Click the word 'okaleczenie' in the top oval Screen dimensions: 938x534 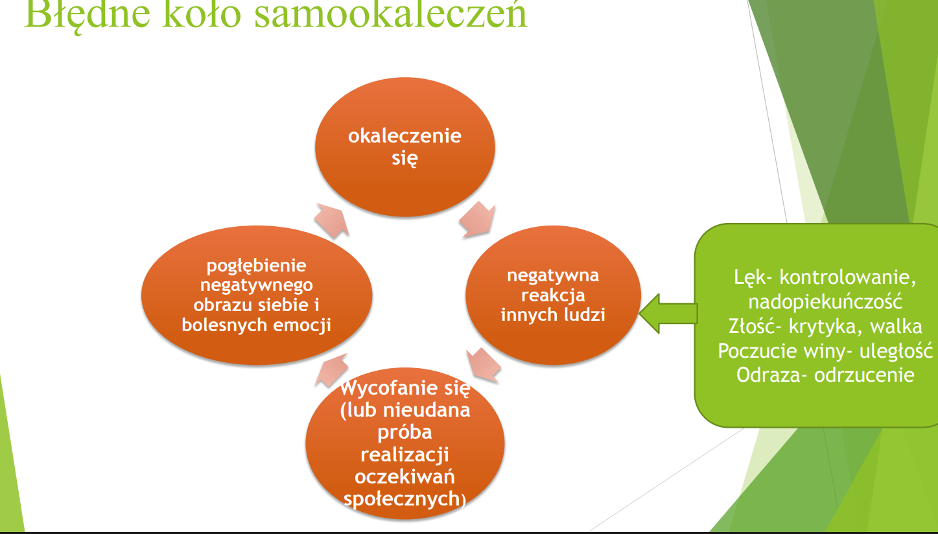pyautogui.click(x=405, y=136)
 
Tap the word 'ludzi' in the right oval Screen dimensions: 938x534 pyautogui.click(x=584, y=315)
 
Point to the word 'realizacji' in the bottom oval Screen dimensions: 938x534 pyautogui.click(x=405, y=455)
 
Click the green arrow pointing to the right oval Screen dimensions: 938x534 pyautogui.click(x=669, y=314)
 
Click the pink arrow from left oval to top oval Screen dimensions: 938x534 pyautogui.click(x=332, y=220)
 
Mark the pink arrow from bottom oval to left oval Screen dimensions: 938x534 pyautogui.click(x=331, y=370)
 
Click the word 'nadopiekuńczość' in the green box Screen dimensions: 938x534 pyautogui.click(x=825, y=302)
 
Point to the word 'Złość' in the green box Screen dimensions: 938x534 pyautogui.click(x=752, y=327)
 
